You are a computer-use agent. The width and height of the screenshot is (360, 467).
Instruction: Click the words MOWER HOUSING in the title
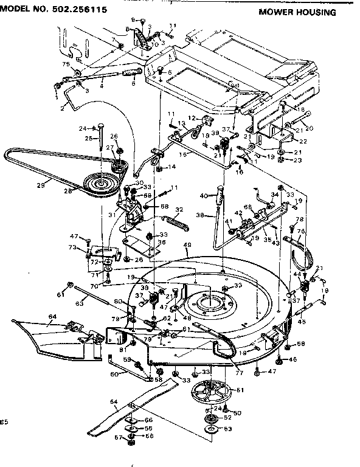297,12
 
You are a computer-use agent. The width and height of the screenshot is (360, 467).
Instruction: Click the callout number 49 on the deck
187,245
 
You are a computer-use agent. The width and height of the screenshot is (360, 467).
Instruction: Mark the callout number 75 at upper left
66,64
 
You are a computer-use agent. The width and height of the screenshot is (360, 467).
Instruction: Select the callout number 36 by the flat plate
145,241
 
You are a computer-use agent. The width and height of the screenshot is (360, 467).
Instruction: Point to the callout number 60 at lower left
114,374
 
